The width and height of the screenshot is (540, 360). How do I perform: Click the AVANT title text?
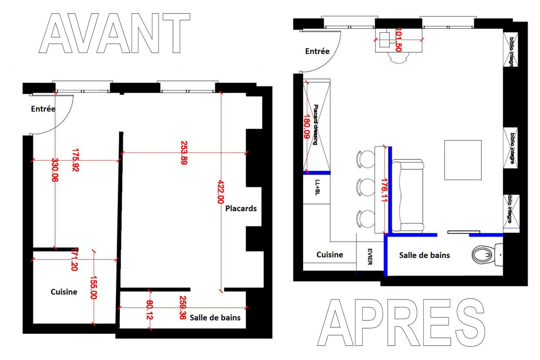[115, 33]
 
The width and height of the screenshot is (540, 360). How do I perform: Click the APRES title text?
[401, 323]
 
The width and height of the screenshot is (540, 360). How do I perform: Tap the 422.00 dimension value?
[221, 192]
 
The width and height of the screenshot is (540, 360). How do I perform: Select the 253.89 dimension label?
[184, 153]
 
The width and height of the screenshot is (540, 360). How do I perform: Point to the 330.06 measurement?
[55, 170]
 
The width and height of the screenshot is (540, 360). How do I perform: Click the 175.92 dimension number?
[75, 160]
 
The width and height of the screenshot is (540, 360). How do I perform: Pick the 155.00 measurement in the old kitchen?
[94, 288]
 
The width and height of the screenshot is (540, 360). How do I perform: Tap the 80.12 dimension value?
[150, 310]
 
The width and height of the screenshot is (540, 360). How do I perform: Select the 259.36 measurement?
[183, 308]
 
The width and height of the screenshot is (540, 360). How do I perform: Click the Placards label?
[241, 209]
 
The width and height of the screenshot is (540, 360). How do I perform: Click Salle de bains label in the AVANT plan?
[215, 318]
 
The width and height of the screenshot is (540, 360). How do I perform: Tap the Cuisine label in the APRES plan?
[330, 255]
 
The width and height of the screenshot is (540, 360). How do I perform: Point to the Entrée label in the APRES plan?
[317, 51]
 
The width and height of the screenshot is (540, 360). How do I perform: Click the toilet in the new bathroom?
[487, 255]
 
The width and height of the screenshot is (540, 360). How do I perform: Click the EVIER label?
[370, 257]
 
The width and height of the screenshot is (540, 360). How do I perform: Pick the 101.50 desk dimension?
[398, 40]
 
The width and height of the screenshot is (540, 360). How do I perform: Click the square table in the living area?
[463, 160]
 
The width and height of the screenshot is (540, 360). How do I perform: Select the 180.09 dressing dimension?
[307, 127]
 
